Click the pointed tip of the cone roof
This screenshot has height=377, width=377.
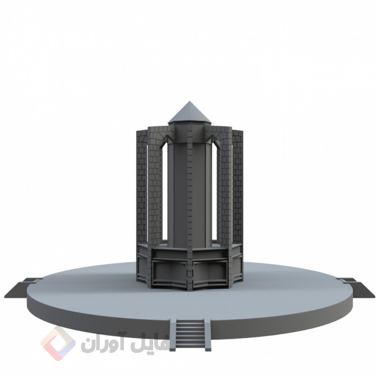pos(188,101)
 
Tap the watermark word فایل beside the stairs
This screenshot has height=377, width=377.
pos(145,344)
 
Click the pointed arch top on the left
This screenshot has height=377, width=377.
pos(168,137)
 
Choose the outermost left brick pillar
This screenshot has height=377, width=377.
pos(141,184)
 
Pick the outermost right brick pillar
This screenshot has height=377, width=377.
pos(237,184)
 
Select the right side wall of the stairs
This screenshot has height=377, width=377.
pos(207,333)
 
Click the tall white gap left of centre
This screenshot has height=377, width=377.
pos(164,193)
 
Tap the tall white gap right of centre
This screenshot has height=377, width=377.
pos(214,193)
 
